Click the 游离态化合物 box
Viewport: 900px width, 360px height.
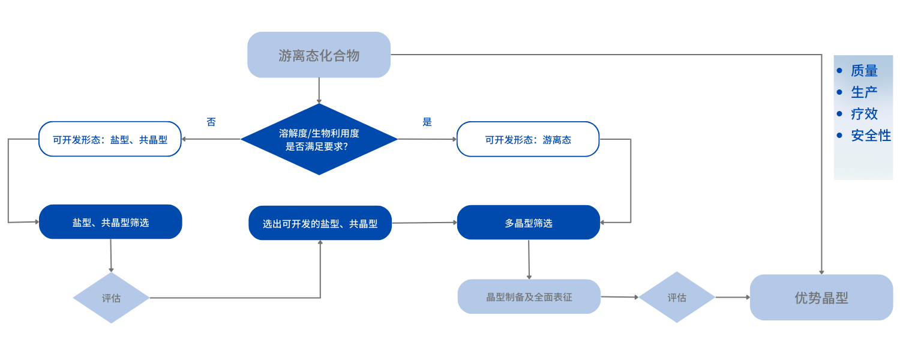319,55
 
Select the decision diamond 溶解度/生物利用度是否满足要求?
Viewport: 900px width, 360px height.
319,139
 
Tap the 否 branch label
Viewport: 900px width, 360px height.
211,122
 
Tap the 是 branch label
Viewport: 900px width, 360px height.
427,122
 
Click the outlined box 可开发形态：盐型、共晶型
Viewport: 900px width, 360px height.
110,139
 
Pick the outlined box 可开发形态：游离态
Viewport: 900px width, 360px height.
528,139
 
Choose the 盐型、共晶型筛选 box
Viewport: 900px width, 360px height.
110,222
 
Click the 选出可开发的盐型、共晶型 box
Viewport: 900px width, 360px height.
320,223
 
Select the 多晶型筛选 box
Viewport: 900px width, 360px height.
528,223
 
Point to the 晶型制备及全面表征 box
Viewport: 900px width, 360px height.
529,296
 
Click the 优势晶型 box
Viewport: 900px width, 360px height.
821,298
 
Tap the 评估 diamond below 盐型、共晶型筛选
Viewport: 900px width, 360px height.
111,298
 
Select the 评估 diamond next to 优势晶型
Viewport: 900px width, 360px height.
676,298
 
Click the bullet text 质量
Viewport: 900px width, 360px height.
864,71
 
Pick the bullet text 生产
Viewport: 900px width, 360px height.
864,92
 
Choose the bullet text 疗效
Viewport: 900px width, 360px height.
864,114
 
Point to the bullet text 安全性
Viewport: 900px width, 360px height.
871,136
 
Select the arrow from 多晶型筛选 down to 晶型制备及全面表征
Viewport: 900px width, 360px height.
529,259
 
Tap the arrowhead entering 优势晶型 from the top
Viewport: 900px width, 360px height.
821,271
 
